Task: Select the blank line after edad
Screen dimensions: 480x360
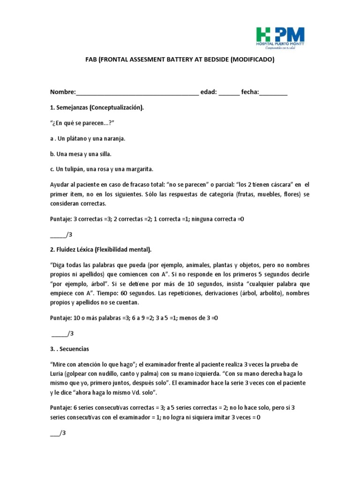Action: [x=228, y=92]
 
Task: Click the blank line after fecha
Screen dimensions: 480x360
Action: [x=273, y=92]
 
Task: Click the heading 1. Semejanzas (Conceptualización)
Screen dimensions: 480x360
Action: [x=97, y=108]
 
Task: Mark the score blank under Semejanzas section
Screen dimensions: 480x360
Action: [x=58, y=234]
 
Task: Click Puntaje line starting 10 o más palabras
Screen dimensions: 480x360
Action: [x=134, y=318]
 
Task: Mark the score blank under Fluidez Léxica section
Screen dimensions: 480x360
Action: [x=60, y=334]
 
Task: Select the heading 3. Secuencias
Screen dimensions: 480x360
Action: [x=69, y=349]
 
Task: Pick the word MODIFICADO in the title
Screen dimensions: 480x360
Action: [x=253, y=60]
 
